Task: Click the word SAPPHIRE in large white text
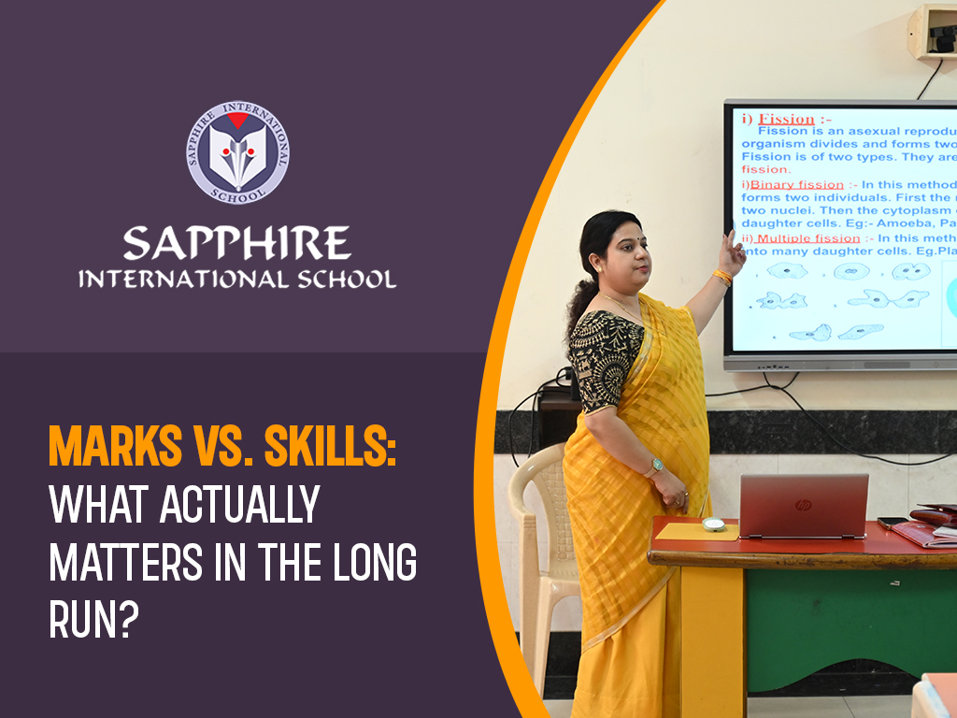click(x=237, y=245)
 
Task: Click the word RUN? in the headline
click(x=87, y=619)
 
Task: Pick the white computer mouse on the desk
click(x=714, y=524)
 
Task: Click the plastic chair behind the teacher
click(x=540, y=524)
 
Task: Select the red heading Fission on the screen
click(x=785, y=120)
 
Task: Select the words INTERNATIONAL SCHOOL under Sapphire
click(x=237, y=280)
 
